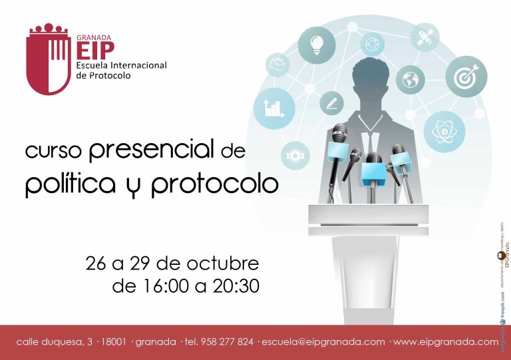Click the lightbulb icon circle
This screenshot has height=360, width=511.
click(x=316, y=45)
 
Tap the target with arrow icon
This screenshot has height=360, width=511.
click(x=466, y=76)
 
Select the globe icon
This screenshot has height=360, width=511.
click(x=410, y=80)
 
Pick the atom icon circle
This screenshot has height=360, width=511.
click(x=444, y=131)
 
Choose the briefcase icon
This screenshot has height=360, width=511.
click(x=277, y=65)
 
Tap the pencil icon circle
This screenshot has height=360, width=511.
click(x=331, y=103)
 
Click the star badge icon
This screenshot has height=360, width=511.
click(x=294, y=154)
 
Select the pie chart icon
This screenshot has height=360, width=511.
click(x=373, y=44)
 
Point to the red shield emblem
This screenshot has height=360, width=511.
click(x=48, y=59)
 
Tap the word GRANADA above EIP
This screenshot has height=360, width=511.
click(x=94, y=38)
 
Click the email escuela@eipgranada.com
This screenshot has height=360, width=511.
click(x=323, y=342)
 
